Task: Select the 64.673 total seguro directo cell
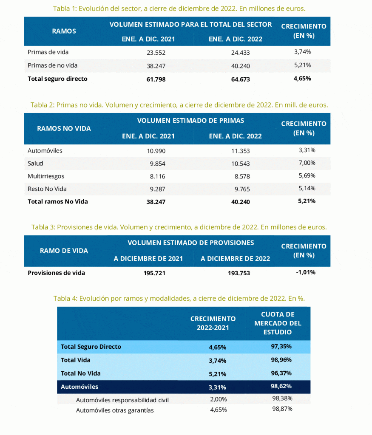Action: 241,79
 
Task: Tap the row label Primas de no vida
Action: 52,65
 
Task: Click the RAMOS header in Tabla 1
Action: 64,31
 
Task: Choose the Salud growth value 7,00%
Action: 307,163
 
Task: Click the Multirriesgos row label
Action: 46,176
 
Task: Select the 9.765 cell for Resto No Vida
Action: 241,189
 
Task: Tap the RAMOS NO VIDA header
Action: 64,128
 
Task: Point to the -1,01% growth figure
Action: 305,272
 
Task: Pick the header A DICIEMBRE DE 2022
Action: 235,259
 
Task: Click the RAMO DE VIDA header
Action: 64,251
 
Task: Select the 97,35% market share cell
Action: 281,347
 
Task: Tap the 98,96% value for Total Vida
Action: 281,360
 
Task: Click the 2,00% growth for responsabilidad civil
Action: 218,399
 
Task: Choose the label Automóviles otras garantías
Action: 115,410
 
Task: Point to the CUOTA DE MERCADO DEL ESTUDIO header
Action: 281,323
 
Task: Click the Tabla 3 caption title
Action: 179,227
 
